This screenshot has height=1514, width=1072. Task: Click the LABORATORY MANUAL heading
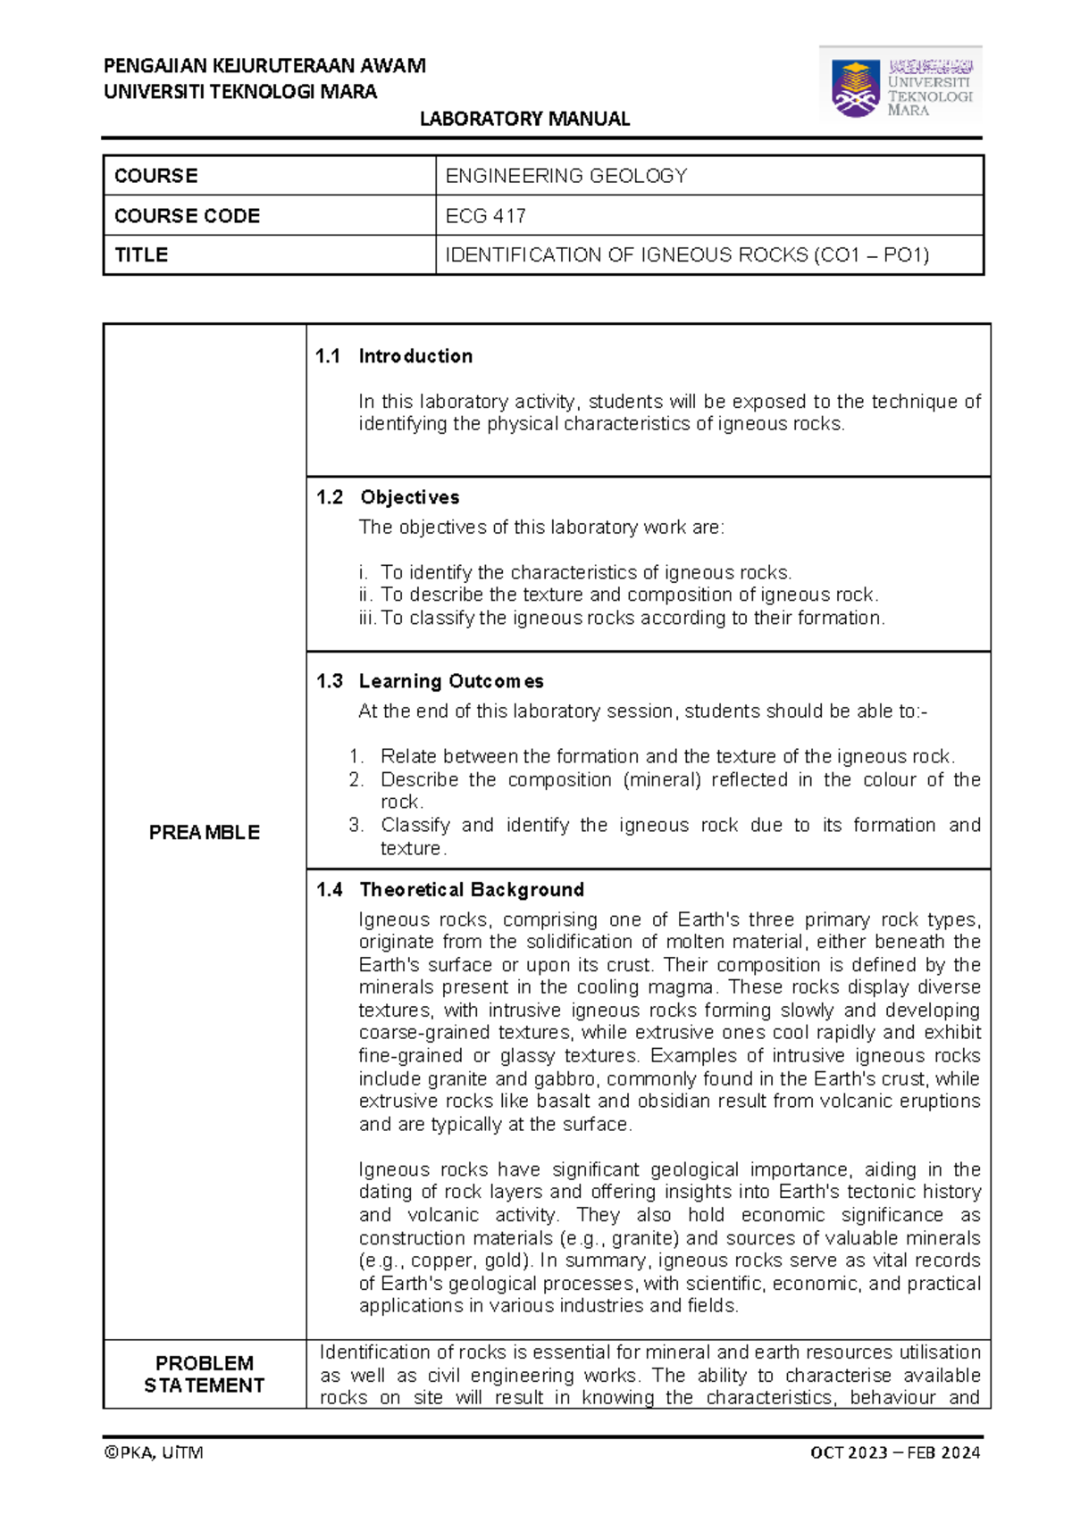(x=524, y=119)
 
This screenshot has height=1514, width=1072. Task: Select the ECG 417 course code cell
(x=486, y=216)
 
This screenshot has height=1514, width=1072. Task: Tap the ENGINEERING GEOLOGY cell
(x=566, y=176)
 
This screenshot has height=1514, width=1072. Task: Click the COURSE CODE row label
(x=187, y=216)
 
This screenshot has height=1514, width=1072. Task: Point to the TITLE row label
(x=141, y=255)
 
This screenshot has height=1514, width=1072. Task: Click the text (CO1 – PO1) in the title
(x=871, y=255)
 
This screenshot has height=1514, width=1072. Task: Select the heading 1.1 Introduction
(x=394, y=356)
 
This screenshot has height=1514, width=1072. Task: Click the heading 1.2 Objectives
(x=388, y=497)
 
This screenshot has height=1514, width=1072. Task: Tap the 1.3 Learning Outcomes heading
(x=430, y=681)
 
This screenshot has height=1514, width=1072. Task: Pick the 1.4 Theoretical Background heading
(x=449, y=889)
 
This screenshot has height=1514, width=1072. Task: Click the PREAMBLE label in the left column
(x=205, y=832)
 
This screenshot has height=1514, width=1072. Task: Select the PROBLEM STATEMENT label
(x=205, y=1374)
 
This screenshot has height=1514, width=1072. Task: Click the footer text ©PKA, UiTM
(x=154, y=1452)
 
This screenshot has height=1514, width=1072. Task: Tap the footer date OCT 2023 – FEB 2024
(x=894, y=1452)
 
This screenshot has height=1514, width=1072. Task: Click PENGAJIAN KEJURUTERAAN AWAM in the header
(x=264, y=66)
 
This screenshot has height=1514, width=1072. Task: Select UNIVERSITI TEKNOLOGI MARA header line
(x=240, y=92)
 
